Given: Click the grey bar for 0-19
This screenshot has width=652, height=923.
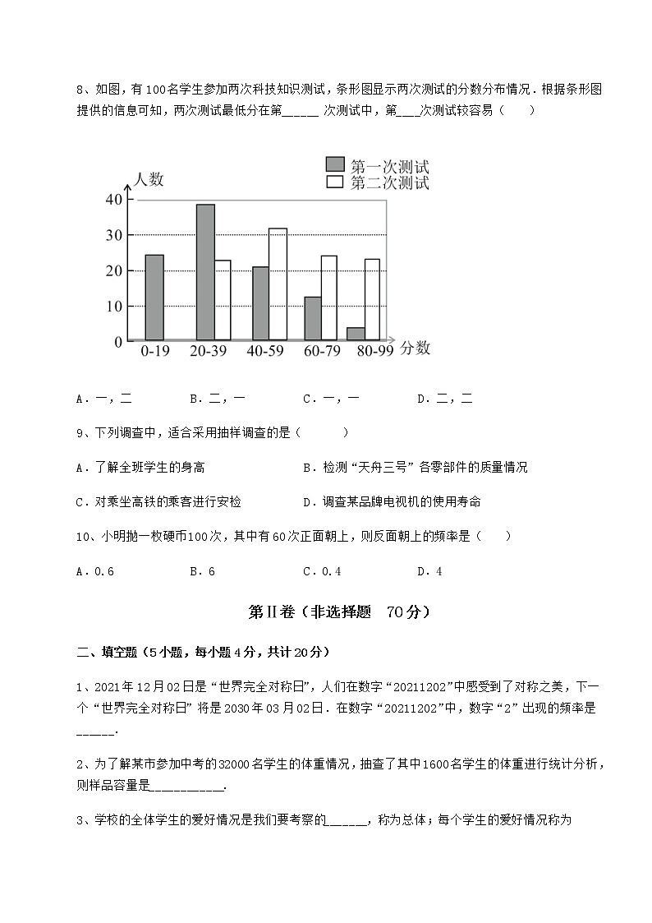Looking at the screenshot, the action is coord(154,297).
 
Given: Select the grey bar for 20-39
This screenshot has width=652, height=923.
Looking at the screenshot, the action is coord(205,271).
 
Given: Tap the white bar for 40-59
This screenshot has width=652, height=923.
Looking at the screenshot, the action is coord(278,284).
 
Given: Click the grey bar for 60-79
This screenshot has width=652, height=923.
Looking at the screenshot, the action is coord(312,318).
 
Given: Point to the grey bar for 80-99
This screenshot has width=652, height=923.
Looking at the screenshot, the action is coord(356,334).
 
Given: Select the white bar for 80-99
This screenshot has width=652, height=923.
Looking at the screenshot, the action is coord(372,299).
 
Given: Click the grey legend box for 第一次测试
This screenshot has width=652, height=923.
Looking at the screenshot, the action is coord(334,164).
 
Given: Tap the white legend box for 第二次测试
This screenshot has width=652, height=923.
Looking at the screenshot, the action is coord(334,182).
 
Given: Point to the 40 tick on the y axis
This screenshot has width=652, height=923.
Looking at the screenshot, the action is coord(114,200).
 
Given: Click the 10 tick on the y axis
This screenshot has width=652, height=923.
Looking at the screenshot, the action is coord(114,306).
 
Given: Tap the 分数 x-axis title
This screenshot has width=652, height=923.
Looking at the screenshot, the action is coord(416,348).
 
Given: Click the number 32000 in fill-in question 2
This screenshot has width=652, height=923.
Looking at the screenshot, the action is coord(235,765).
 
